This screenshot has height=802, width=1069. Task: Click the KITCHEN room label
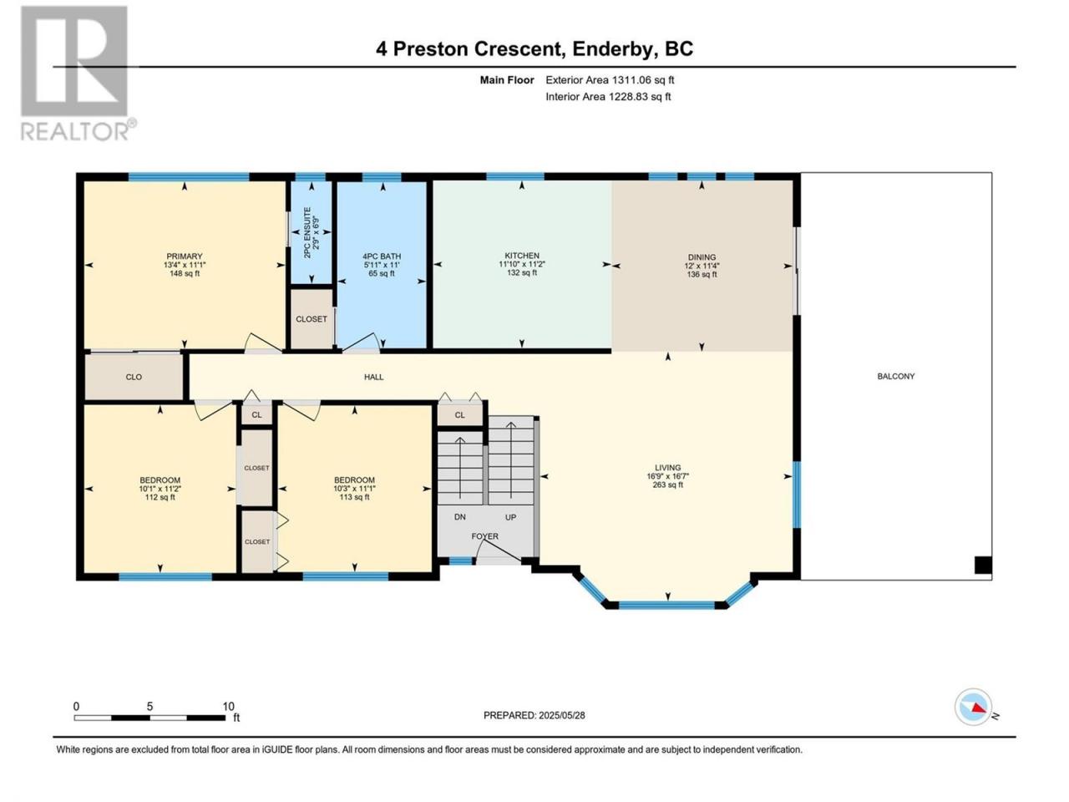pyautogui.click(x=522, y=255)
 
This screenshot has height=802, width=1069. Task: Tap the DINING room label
pyautogui.click(x=702, y=257)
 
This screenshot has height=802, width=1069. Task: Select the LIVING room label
pyautogui.click(x=667, y=468)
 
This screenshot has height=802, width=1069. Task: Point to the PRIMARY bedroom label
pyautogui.click(x=184, y=256)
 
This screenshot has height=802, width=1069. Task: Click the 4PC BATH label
pyautogui.click(x=382, y=256)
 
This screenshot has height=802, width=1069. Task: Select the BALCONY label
pyautogui.click(x=895, y=376)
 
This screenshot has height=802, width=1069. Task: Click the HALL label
pyautogui.click(x=373, y=377)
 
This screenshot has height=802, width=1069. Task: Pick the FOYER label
pyautogui.click(x=484, y=536)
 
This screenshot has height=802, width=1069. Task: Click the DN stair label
pyautogui.click(x=459, y=517)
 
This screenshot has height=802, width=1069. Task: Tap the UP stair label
pyautogui.click(x=510, y=517)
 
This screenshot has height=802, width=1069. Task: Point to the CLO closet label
pyautogui.click(x=134, y=377)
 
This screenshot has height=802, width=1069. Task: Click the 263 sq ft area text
pyautogui.click(x=667, y=485)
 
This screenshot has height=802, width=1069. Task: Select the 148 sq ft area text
pyautogui.click(x=184, y=273)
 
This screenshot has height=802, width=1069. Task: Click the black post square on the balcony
pyautogui.click(x=983, y=565)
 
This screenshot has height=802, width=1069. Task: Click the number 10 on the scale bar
pyautogui.click(x=228, y=706)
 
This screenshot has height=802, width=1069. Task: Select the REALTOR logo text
pyautogui.click(x=74, y=131)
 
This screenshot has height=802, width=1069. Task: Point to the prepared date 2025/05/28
pyautogui.click(x=561, y=715)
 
